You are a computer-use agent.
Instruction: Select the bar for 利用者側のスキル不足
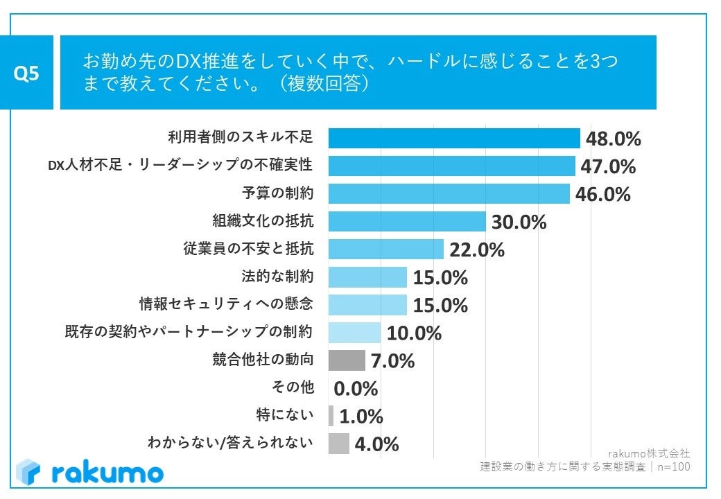(x=453, y=139)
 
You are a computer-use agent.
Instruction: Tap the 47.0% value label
(x=608, y=167)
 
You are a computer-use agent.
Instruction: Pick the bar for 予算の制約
(x=449, y=194)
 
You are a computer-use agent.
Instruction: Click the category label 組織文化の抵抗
(x=263, y=221)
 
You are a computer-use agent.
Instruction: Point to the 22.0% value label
(x=476, y=250)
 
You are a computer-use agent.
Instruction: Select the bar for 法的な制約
(x=367, y=277)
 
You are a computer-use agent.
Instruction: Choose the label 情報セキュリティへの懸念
(x=226, y=304)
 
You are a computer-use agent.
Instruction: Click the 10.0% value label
(x=414, y=333)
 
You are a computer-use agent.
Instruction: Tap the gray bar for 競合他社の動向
(x=346, y=360)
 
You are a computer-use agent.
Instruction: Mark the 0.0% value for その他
(x=356, y=388)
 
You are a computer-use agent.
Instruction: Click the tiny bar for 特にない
(x=331, y=416)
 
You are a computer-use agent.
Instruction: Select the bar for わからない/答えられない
(x=338, y=444)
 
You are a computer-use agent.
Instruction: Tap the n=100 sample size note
(x=673, y=466)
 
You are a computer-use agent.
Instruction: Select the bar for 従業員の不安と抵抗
(x=385, y=249)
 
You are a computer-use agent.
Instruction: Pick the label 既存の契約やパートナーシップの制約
(x=188, y=332)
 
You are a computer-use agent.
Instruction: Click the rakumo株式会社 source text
(x=648, y=453)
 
